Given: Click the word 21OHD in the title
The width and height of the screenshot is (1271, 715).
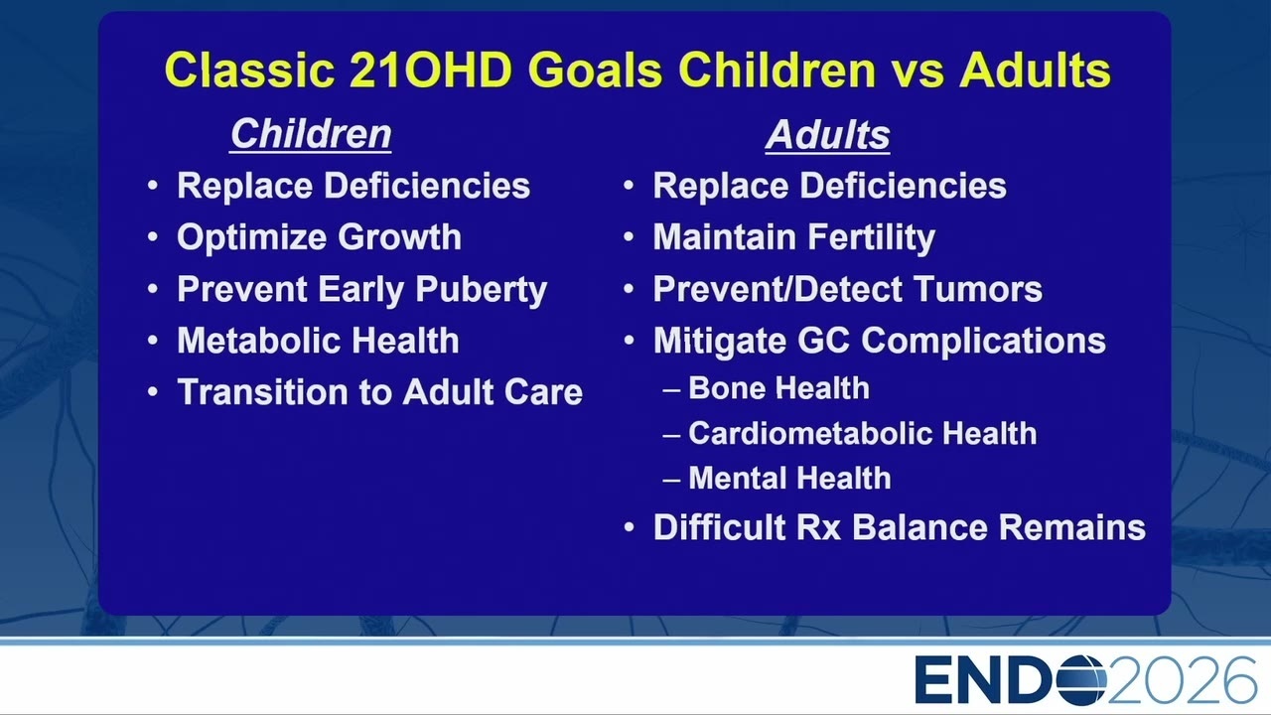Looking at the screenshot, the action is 431,70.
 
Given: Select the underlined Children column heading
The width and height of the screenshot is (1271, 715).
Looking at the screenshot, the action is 311,134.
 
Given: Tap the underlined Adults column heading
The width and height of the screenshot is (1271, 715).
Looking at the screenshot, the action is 828,135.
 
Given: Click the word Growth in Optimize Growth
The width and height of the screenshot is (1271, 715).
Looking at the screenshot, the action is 399,237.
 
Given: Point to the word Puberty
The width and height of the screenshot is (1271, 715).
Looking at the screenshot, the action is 482,289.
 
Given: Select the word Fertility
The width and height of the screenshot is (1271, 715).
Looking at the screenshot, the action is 872,237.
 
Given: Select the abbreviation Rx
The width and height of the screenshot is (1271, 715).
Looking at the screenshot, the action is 819,527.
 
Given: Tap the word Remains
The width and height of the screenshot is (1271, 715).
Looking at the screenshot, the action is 1071,527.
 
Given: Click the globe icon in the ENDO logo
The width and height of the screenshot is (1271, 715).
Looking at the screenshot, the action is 1081,680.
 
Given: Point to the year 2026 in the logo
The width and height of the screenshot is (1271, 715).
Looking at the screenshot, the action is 1182,680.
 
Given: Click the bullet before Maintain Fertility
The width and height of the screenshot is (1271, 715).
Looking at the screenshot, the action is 629,237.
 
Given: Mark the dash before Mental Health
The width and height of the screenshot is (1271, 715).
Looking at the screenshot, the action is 671,480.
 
